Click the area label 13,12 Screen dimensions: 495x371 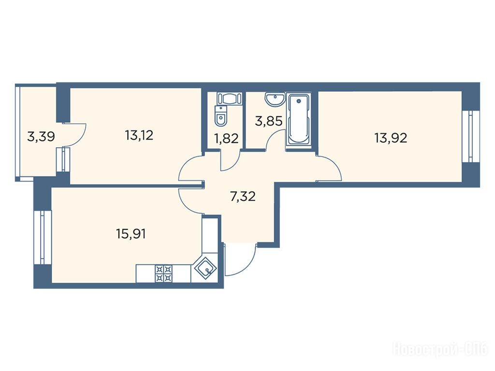pos(139,136)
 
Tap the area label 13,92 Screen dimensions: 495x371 pos(391,138)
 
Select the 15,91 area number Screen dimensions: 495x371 pos(131,234)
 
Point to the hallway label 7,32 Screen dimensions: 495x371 pos(243,197)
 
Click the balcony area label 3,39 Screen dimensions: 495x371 pos(42,137)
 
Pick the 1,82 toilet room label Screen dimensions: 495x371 pos(226,139)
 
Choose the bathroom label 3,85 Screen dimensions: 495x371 pos(269,121)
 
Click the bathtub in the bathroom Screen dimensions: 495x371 pos(298,119)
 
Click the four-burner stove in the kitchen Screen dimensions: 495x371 pos(164,273)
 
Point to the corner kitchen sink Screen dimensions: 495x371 pos(205,268)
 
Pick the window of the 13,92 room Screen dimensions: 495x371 pos(471,136)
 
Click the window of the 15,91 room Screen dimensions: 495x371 pos(43,237)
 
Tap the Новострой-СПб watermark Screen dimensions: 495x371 pos(441,350)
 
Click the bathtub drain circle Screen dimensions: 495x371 pos(298,101)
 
